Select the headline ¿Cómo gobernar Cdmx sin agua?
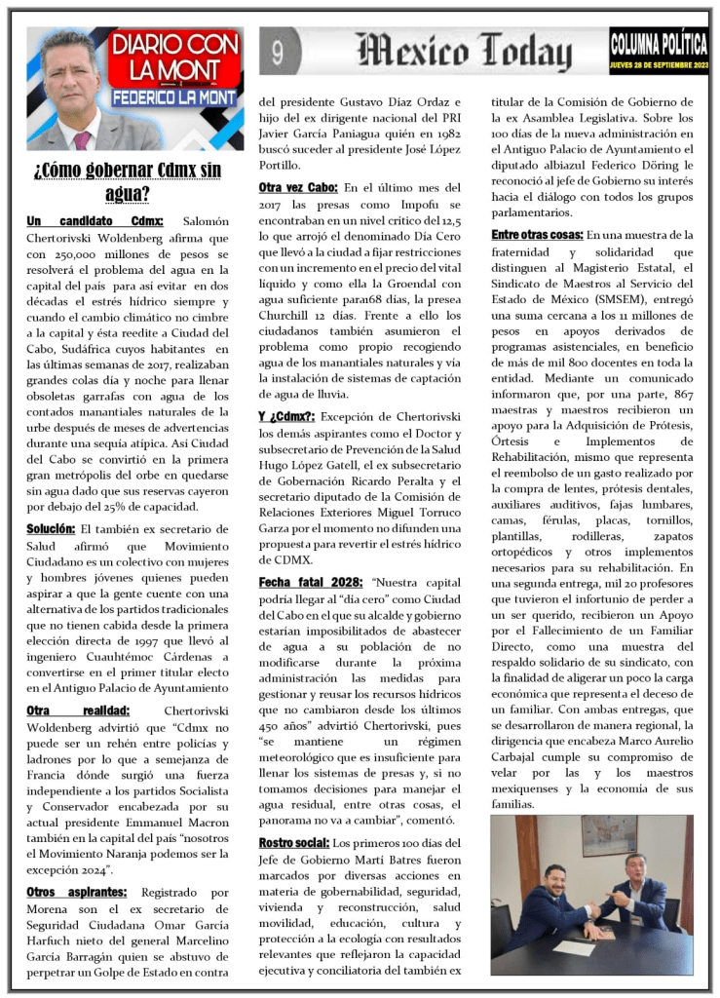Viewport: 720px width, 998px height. pyautogui.click(x=128, y=181)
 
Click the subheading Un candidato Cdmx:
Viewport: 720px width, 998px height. pyautogui.click(x=95, y=222)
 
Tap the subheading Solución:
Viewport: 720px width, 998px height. pyautogui.click(x=51, y=528)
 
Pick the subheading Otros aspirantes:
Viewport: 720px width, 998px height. pyautogui.click(x=76, y=892)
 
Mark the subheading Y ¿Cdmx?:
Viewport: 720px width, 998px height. pyautogui.click(x=285, y=416)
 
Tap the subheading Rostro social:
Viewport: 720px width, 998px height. pyautogui.click(x=293, y=842)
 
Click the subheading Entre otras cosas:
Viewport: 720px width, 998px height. pyautogui.click(x=536, y=235)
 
